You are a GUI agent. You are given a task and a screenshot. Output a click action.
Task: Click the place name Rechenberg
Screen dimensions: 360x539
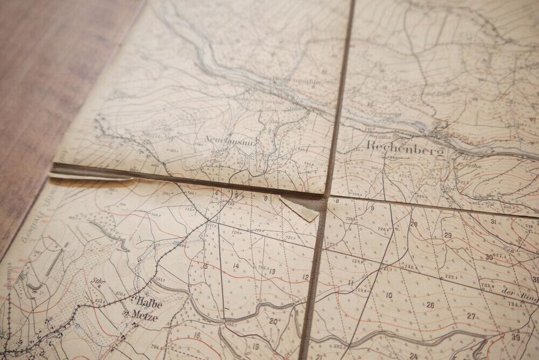pos(405,149)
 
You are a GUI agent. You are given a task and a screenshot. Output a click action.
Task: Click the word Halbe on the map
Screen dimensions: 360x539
pos(149,303)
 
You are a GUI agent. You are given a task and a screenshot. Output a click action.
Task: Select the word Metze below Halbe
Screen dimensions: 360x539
pos(145,316)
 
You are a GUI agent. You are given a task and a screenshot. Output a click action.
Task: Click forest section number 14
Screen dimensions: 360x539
pos(236,266)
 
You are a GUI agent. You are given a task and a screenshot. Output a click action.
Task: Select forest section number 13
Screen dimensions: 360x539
pos(272,272)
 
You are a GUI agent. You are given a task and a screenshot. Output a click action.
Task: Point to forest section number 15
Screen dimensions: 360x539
pos(205,266)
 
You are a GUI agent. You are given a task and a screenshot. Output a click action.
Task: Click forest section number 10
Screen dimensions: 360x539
pos(389,295)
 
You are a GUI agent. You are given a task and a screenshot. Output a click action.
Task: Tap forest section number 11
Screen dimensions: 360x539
pos(350,282)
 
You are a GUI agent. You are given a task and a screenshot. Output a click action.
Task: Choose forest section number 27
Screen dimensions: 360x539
pos(471,316)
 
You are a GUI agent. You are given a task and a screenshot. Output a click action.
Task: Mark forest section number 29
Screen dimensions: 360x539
pos(447,236)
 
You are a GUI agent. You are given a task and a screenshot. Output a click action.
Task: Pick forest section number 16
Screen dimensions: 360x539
pos(197,335)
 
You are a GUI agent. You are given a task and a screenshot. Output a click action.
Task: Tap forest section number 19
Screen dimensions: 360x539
pos(255,347)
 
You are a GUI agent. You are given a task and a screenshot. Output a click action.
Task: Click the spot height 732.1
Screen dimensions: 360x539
pos(451,278)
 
